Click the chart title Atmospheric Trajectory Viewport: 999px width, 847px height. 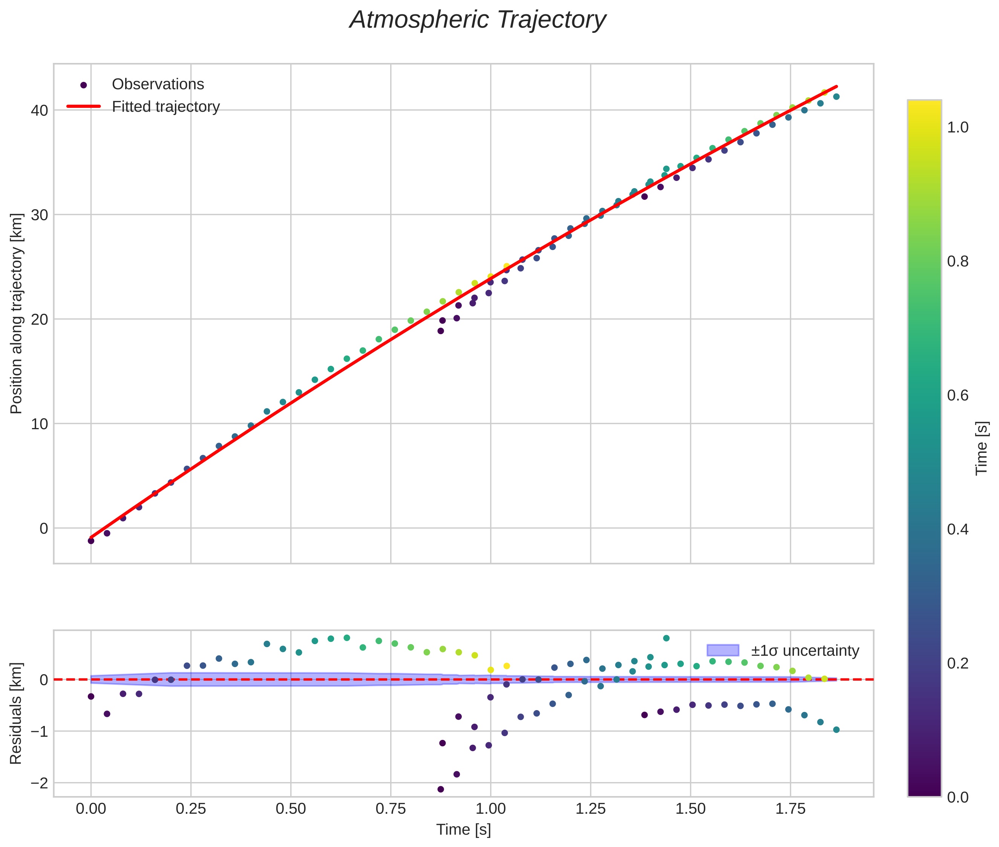coord(478,20)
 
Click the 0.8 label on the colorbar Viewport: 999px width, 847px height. coord(958,262)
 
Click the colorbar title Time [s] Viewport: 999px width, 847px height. coord(982,448)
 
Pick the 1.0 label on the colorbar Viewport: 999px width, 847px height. coord(958,128)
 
